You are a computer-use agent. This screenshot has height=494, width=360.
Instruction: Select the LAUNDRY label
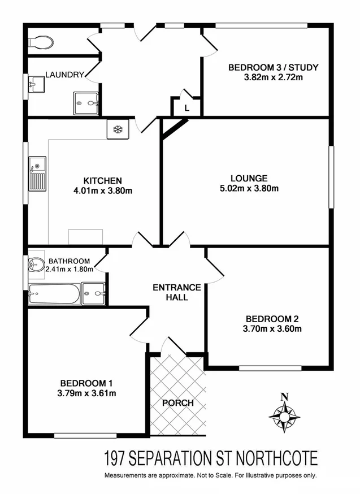(x=65, y=75)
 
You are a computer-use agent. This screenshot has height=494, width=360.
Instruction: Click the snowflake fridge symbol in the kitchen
(x=119, y=129)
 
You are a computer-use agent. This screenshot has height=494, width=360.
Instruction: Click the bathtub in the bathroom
(x=54, y=293)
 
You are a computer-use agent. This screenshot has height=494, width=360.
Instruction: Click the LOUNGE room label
(x=249, y=177)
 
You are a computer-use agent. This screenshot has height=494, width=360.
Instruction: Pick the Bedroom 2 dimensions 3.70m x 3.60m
(x=272, y=328)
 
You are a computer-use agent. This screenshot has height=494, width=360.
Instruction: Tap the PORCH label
(x=178, y=403)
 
